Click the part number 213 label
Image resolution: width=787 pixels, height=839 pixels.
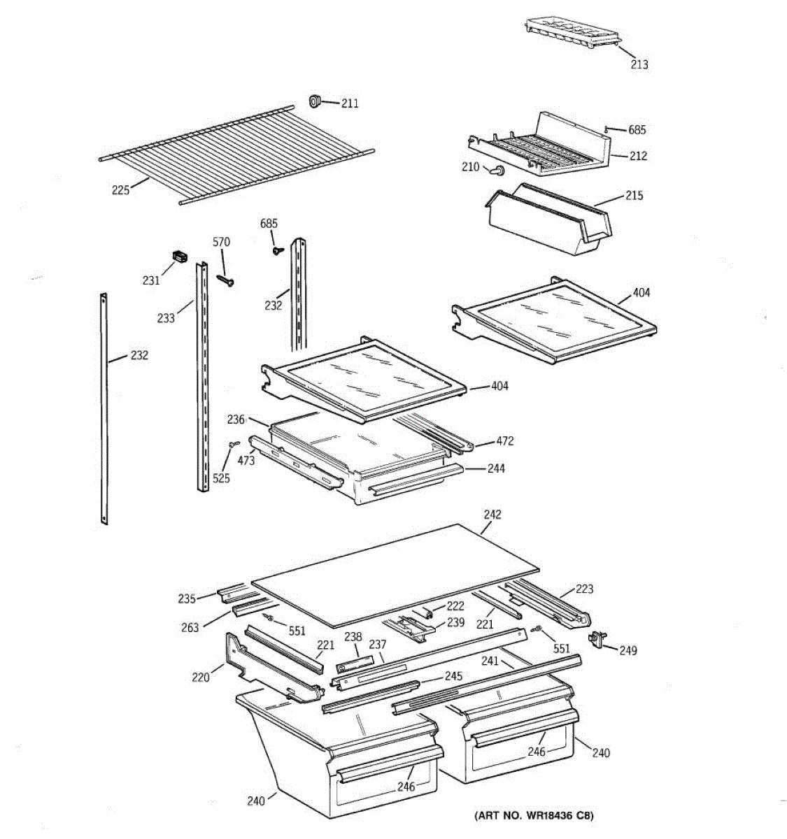pyautogui.click(x=639, y=64)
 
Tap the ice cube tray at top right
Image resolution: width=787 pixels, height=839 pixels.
pyautogui.click(x=572, y=34)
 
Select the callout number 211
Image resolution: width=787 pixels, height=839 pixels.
pyautogui.click(x=350, y=103)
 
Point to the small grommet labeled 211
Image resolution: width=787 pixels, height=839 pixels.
pyautogui.click(x=315, y=102)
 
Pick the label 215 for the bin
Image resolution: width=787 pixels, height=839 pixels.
pyautogui.click(x=634, y=195)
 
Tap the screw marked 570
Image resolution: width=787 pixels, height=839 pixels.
pyautogui.click(x=225, y=280)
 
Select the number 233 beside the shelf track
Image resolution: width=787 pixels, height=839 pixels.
pyautogui.click(x=166, y=318)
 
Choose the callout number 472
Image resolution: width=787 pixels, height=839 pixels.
pyautogui.click(x=505, y=441)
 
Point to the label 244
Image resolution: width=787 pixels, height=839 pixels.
pyautogui.click(x=496, y=468)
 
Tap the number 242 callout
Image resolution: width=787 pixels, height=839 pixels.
pyautogui.click(x=492, y=515)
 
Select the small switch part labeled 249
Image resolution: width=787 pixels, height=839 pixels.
pyautogui.click(x=597, y=638)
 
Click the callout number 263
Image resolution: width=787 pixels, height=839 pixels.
pyautogui.click(x=190, y=628)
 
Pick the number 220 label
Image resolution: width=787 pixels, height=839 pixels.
pyautogui.click(x=201, y=677)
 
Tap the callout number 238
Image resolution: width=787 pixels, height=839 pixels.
pyautogui.click(x=353, y=638)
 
